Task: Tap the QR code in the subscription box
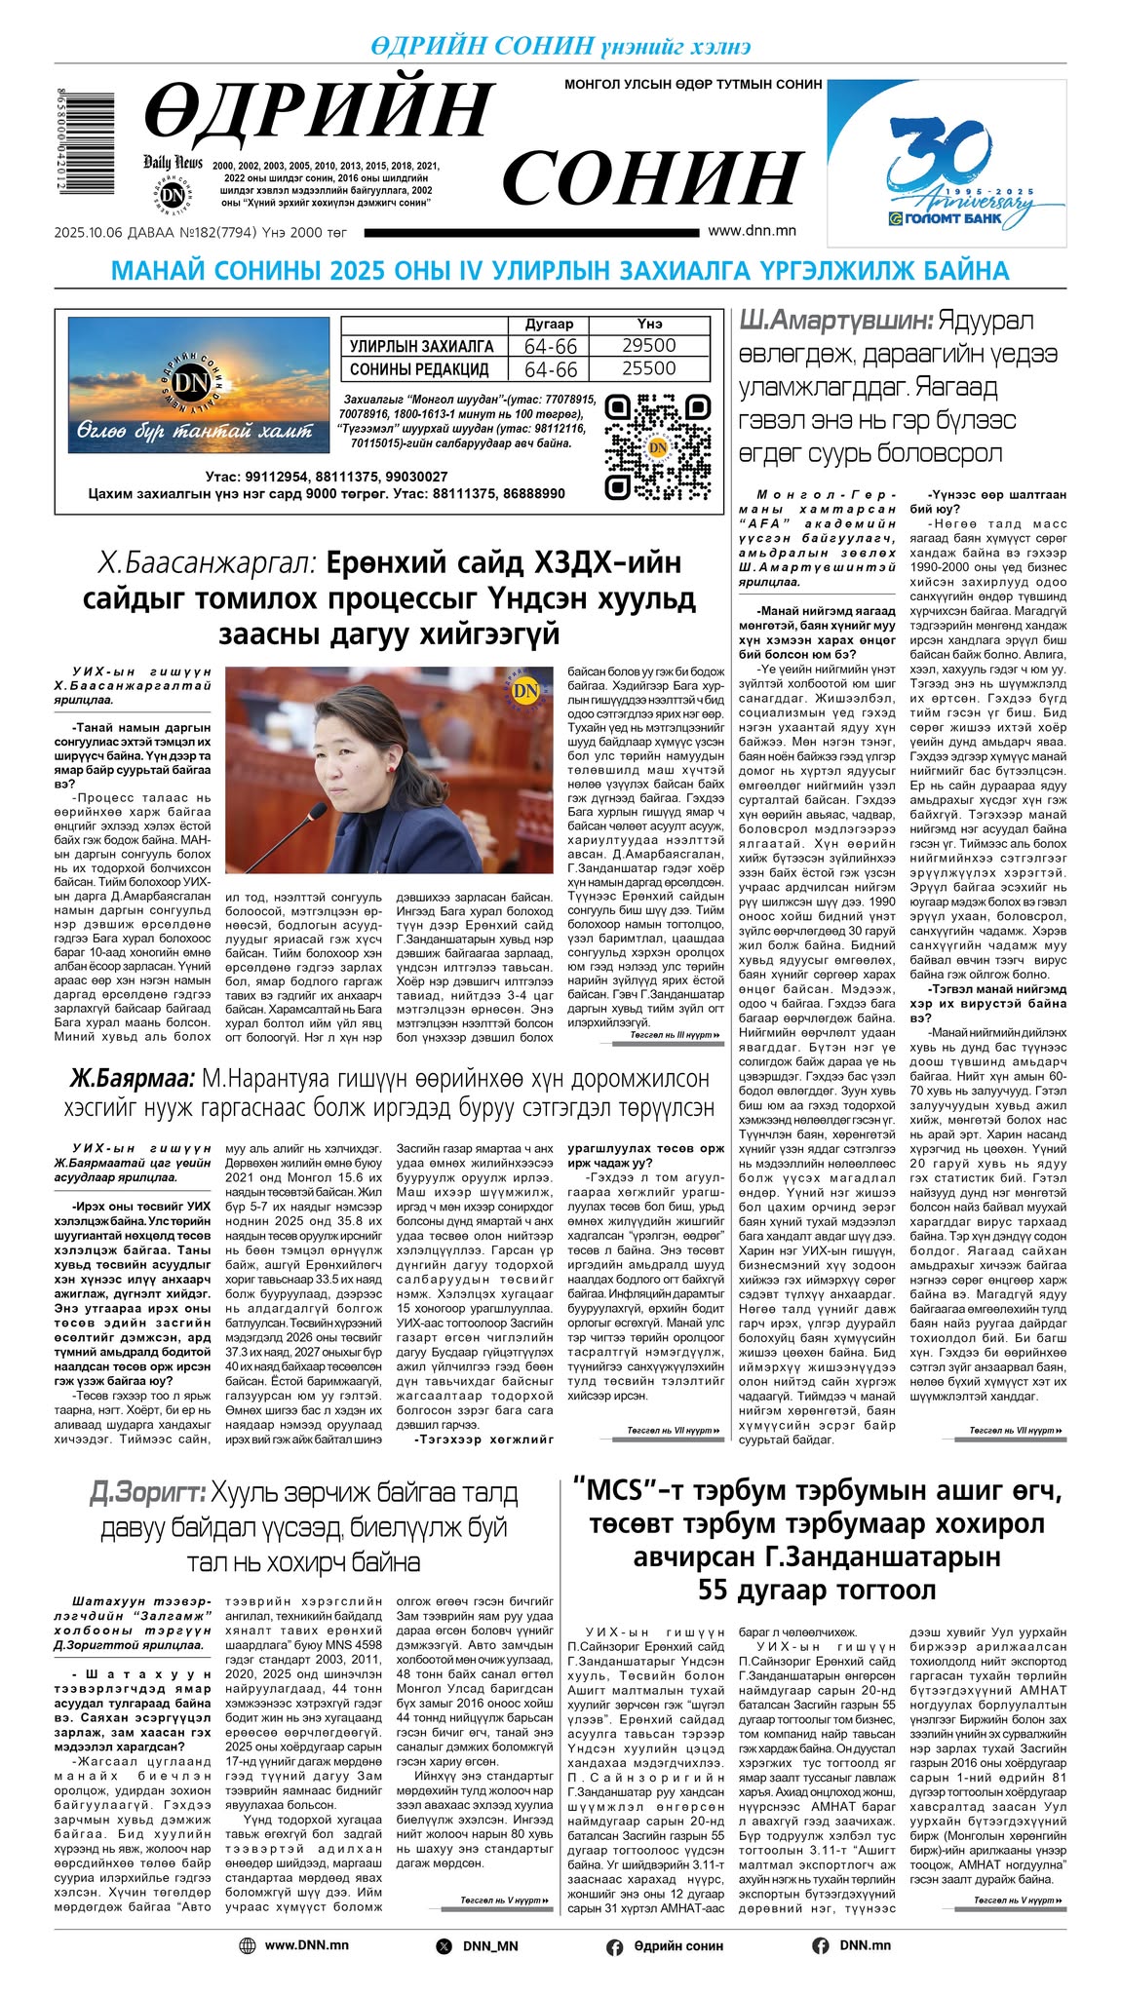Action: pyautogui.click(x=657, y=446)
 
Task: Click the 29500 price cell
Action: pyautogui.click(x=648, y=346)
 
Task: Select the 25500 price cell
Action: pyautogui.click(x=648, y=368)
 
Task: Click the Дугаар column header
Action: pyautogui.click(x=550, y=324)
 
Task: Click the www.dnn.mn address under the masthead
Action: pyautogui.click(x=752, y=231)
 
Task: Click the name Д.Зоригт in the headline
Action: pyautogui.click(x=146, y=1492)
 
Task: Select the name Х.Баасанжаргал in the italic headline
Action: pyautogui.click(x=207, y=563)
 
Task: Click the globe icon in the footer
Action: pyautogui.click(x=248, y=1945)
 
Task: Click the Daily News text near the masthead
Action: pyautogui.click(x=173, y=162)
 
